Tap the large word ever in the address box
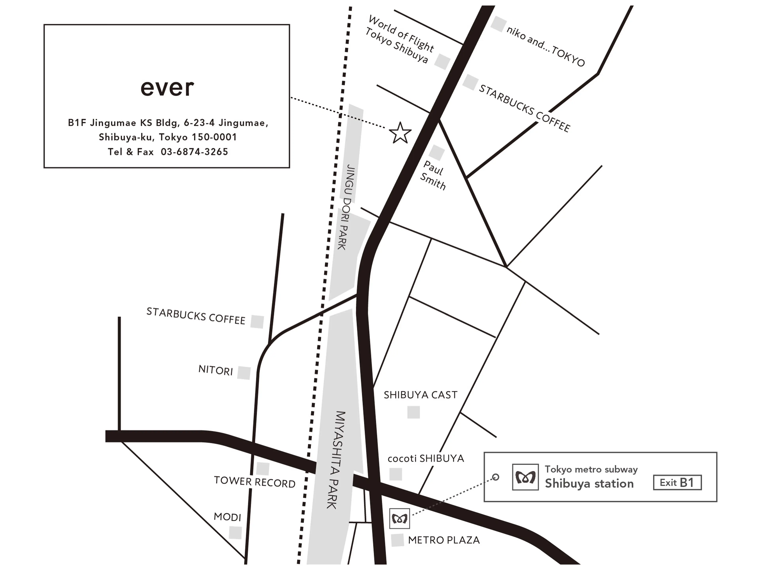coord(167,88)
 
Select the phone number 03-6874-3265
coord(194,152)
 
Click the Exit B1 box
coord(677,483)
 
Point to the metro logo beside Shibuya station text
coord(525,477)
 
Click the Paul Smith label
coord(433,175)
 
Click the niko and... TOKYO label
coord(546,46)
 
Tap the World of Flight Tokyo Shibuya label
coord(399,40)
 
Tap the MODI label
coord(227,517)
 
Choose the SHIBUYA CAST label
coord(420,395)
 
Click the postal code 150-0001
coord(214,137)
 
